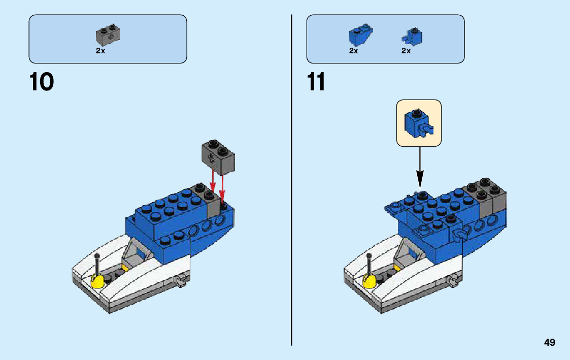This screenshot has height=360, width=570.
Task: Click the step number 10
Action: (42, 82)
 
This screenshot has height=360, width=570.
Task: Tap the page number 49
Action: (549, 343)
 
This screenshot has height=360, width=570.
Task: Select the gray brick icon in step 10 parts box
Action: (108, 34)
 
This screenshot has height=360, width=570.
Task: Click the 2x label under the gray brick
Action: (100, 51)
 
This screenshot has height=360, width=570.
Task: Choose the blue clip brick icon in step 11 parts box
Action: (413, 36)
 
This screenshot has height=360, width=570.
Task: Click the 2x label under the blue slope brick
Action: (354, 51)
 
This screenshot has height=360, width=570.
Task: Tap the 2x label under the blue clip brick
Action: (406, 51)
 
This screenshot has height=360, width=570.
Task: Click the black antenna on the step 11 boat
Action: (368, 263)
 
